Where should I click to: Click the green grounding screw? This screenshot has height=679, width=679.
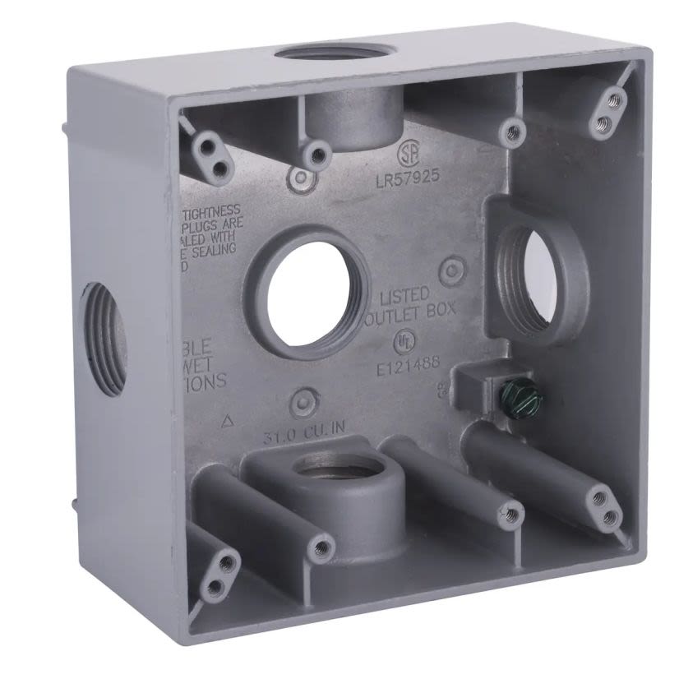(510, 400)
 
